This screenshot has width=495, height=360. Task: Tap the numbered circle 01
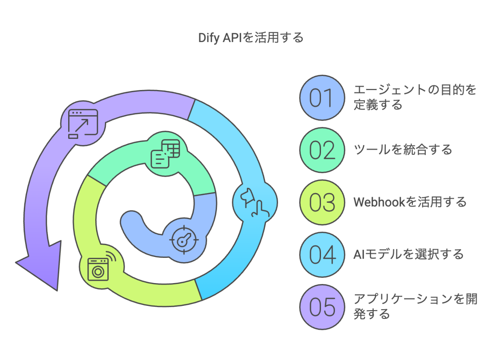click(321, 98)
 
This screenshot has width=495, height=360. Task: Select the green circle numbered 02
click(321, 150)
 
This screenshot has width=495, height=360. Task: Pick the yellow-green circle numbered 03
click(321, 202)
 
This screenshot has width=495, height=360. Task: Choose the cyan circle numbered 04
click(321, 255)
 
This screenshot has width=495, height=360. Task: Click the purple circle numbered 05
click(321, 307)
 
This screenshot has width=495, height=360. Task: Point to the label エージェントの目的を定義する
click(415, 97)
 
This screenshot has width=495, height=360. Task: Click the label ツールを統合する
click(403, 150)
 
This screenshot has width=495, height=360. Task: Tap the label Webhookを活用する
click(410, 202)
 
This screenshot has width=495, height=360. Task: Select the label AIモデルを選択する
click(409, 254)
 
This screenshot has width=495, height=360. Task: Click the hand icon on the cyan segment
click(254, 201)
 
